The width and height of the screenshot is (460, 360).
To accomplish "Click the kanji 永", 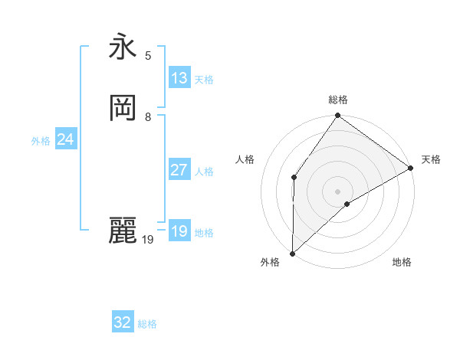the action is click(x=123, y=48).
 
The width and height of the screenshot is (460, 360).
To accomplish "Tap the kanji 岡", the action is click(x=123, y=109).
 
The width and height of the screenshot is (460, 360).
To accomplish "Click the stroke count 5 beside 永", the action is click(x=148, y=55).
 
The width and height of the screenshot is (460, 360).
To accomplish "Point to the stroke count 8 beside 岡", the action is click(x=148, y=117).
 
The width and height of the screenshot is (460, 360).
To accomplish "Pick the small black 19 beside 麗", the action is click(x=148, y=240).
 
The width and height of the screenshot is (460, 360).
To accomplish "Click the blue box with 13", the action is click(x=179, y=78).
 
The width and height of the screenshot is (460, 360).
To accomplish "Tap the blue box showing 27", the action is click(x=179, y=170).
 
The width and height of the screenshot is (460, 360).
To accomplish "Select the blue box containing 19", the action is click(x=179, y=231).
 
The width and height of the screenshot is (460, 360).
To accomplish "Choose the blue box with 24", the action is click(x=66, y=139).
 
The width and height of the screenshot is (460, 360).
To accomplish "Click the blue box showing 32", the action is click(x=123, y=322).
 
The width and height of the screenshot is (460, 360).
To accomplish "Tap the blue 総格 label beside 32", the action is click(x=147, y=324).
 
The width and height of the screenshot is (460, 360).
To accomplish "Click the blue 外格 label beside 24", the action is click(x=41, y=141).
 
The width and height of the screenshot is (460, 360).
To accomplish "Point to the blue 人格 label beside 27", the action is click(x=205, y=172).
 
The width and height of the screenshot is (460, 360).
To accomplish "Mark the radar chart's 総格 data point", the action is click(x=338, y=116).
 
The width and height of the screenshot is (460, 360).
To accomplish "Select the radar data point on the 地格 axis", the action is click(x=347, y=204).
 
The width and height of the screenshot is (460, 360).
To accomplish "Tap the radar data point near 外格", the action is click(x=292, y=253).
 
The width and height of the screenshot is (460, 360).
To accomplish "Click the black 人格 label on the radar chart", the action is click(x=245, y=159).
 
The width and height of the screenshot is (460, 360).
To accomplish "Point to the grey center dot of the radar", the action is click(x=338, y=191).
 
